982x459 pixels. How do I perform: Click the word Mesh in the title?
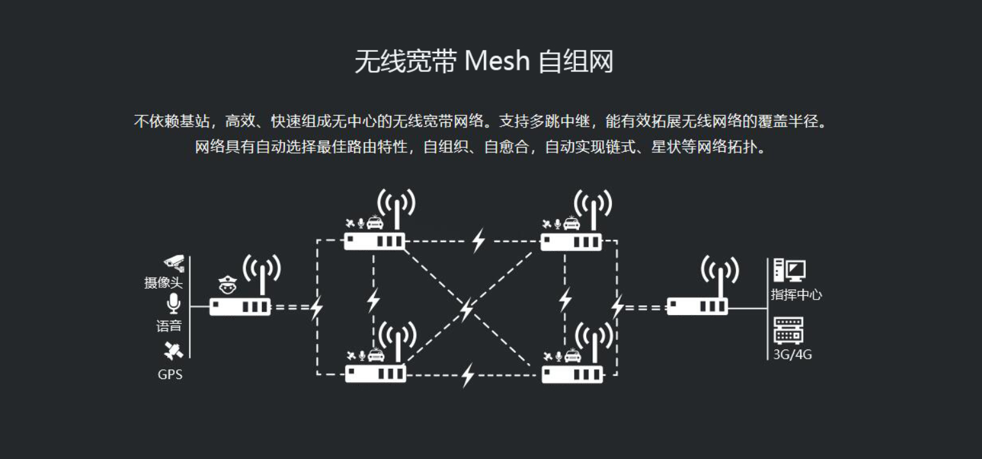[497, 62]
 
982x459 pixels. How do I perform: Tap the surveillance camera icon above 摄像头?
[174, 263]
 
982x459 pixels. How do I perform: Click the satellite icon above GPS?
[173, 351]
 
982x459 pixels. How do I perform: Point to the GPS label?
[170, 374]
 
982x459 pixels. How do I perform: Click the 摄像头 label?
[163, 283]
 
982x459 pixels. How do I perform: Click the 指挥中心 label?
[796, 295]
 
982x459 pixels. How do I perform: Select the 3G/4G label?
[792, 354]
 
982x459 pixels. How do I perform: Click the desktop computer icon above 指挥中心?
[789, 270]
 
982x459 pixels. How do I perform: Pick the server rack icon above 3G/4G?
[788, 330]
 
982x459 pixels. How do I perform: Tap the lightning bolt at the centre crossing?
[467, 309]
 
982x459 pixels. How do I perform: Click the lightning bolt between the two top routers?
[479, 241]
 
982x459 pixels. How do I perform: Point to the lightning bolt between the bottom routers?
[468, 374]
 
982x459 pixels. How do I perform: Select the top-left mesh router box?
[375, 241]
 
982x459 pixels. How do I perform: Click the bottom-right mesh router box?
[572, 374]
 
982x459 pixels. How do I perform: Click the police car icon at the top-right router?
[571, 223]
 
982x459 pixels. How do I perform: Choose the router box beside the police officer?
[240, 307]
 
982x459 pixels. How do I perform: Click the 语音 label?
[169, 326]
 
